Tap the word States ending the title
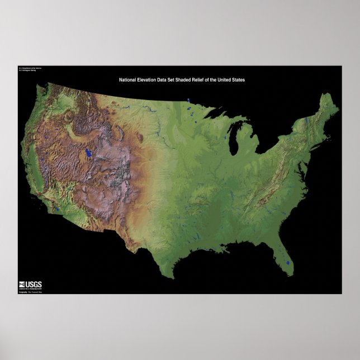[x=238, y=80]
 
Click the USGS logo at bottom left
[x=30, y=284]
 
